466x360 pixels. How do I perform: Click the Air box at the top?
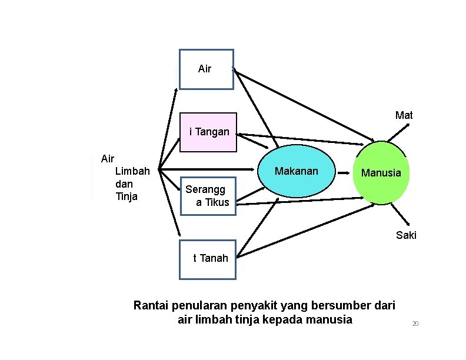coord(206,69)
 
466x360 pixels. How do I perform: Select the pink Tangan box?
coord(208,132)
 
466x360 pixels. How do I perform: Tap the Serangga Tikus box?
coord(208,196)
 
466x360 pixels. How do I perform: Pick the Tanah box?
coord(207,259)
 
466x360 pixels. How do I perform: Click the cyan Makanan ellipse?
coord(297,171)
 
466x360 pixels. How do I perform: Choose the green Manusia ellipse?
coord(381,173)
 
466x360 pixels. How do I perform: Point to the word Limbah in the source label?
coord(132,171)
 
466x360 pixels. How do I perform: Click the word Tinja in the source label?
coord(127,196)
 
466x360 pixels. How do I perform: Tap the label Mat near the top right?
coord(404,115)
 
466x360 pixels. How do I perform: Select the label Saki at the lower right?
coord(406,235)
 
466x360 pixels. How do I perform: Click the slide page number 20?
coord(415,324)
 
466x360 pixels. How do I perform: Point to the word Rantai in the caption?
coord(152,306)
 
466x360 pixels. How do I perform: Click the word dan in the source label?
coord(124,184)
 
